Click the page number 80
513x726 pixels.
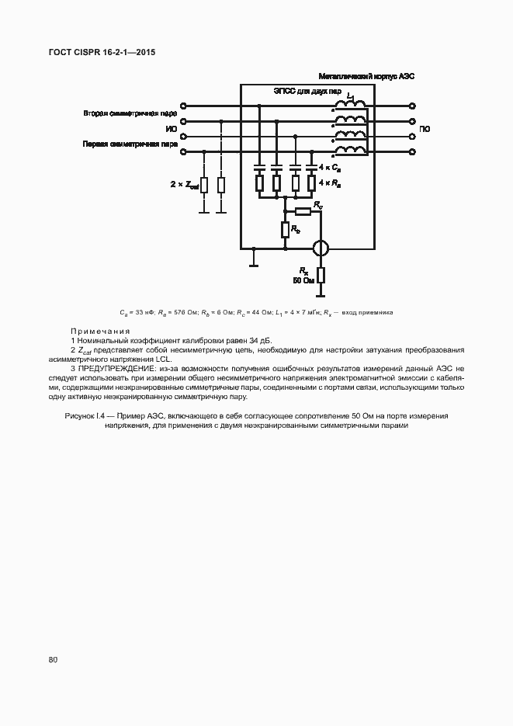click(53, 660)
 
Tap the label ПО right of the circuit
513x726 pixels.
click(425, 129)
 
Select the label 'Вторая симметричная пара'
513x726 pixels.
click(130, 113)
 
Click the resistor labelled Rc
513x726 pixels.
click(302, 210)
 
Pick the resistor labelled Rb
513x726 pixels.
click(285, 230)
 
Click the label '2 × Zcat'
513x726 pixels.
click(184, 185)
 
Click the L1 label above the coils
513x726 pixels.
click(351, 96)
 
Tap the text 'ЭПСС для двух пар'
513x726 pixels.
click(307, 91)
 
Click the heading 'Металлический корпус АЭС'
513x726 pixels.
click(368, 76)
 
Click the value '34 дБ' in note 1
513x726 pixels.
click(260, 340)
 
